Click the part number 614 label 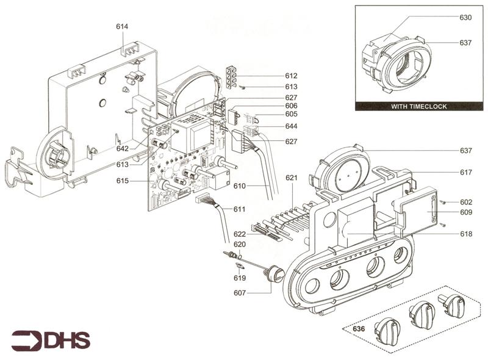(122, 26)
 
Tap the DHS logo (51, 340)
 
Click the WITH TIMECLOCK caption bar (419, 107)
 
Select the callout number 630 (465, 18)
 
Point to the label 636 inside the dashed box (359, 328)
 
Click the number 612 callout (292, 76)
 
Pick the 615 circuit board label (123, 181)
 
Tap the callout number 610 (239, 186)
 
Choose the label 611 (239, 209)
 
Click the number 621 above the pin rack (292, 178)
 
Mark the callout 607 (240, 293)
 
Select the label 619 (240, 278)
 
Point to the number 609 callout (466, 212)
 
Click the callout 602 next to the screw (466, 202)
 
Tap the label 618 (466, 234)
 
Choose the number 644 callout (292, 126)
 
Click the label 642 (123, 148)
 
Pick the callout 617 (466, 172)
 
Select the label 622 (240, 234)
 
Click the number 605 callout (292, 114)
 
